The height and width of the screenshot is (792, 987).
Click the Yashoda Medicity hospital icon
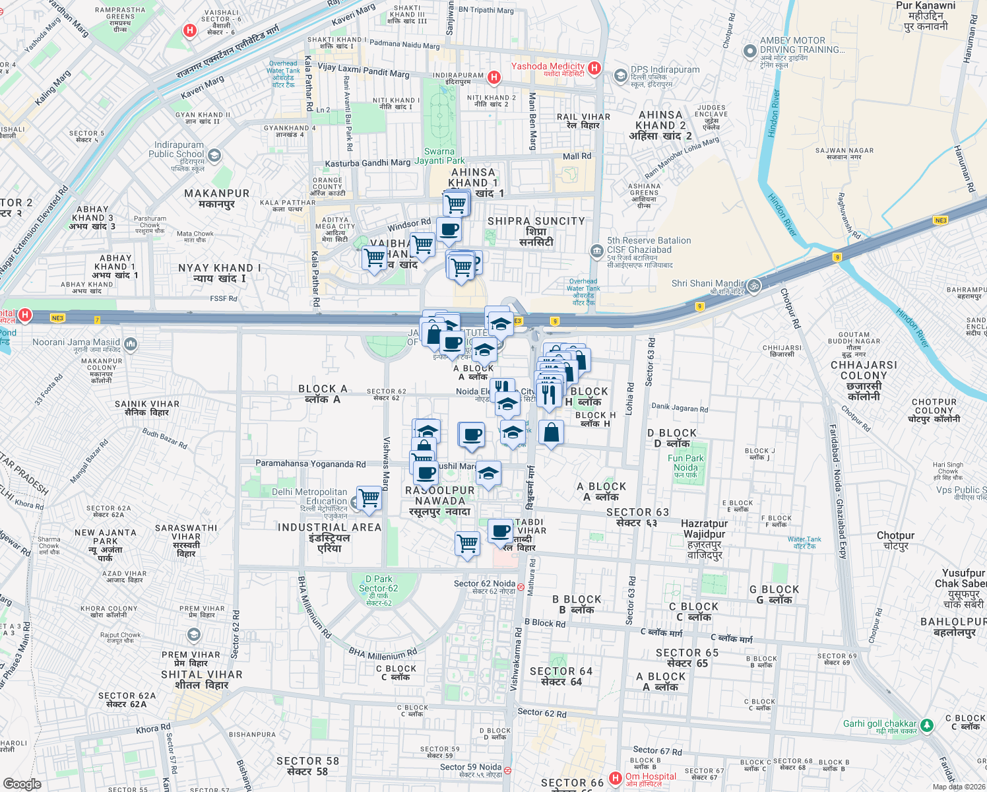(x=594, y=68)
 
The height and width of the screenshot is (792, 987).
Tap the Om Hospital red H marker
(x=616, y=778)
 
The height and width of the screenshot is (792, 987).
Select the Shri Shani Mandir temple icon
(x=754, y=286)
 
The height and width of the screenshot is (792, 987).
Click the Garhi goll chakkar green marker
(x=927, y=725)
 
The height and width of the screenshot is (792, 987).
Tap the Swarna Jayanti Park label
(x=439, y=156)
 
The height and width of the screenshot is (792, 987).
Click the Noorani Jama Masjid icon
(x=131, y=343)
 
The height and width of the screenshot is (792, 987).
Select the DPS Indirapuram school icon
(x=620, y=75)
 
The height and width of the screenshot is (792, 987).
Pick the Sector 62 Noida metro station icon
(x=521, y=586)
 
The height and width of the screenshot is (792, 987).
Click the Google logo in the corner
(x=22, y=784)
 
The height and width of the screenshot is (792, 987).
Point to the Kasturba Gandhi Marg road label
(x=367, y=163)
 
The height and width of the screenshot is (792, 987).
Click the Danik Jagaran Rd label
(x=680, y=408)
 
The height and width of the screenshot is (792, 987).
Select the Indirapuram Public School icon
(x=214, y=156)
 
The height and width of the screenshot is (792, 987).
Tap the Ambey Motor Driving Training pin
(x=749, y=51)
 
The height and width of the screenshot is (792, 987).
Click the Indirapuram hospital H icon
(x=493, y=78)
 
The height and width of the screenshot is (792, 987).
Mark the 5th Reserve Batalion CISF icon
(x=596, y=251)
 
